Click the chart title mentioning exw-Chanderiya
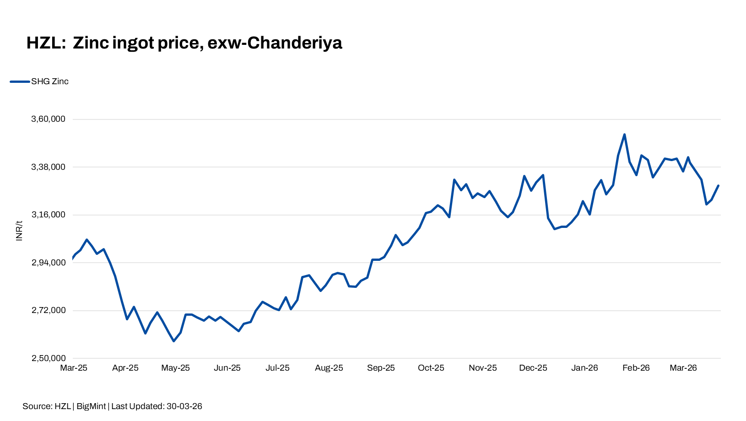[184, 43]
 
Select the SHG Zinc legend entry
[49, 81]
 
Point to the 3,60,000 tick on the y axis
[48, 119]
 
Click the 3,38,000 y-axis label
[48, 167]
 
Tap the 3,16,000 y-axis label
[48, 215]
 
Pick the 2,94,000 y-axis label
[48, 263]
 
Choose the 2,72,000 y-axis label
[48, 311]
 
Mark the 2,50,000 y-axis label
[48, 358]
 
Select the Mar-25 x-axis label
[74, 368]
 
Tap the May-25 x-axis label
[175, 368]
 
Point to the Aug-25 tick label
[329, 368]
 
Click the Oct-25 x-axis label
[431, 368]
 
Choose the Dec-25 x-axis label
[533, 368]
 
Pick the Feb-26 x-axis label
[636, 368]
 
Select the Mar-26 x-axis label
[683, 368]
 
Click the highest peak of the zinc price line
[624, 135]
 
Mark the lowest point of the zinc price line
[173, 341]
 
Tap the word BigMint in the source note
[91, 406]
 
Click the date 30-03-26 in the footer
[184, 406]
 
